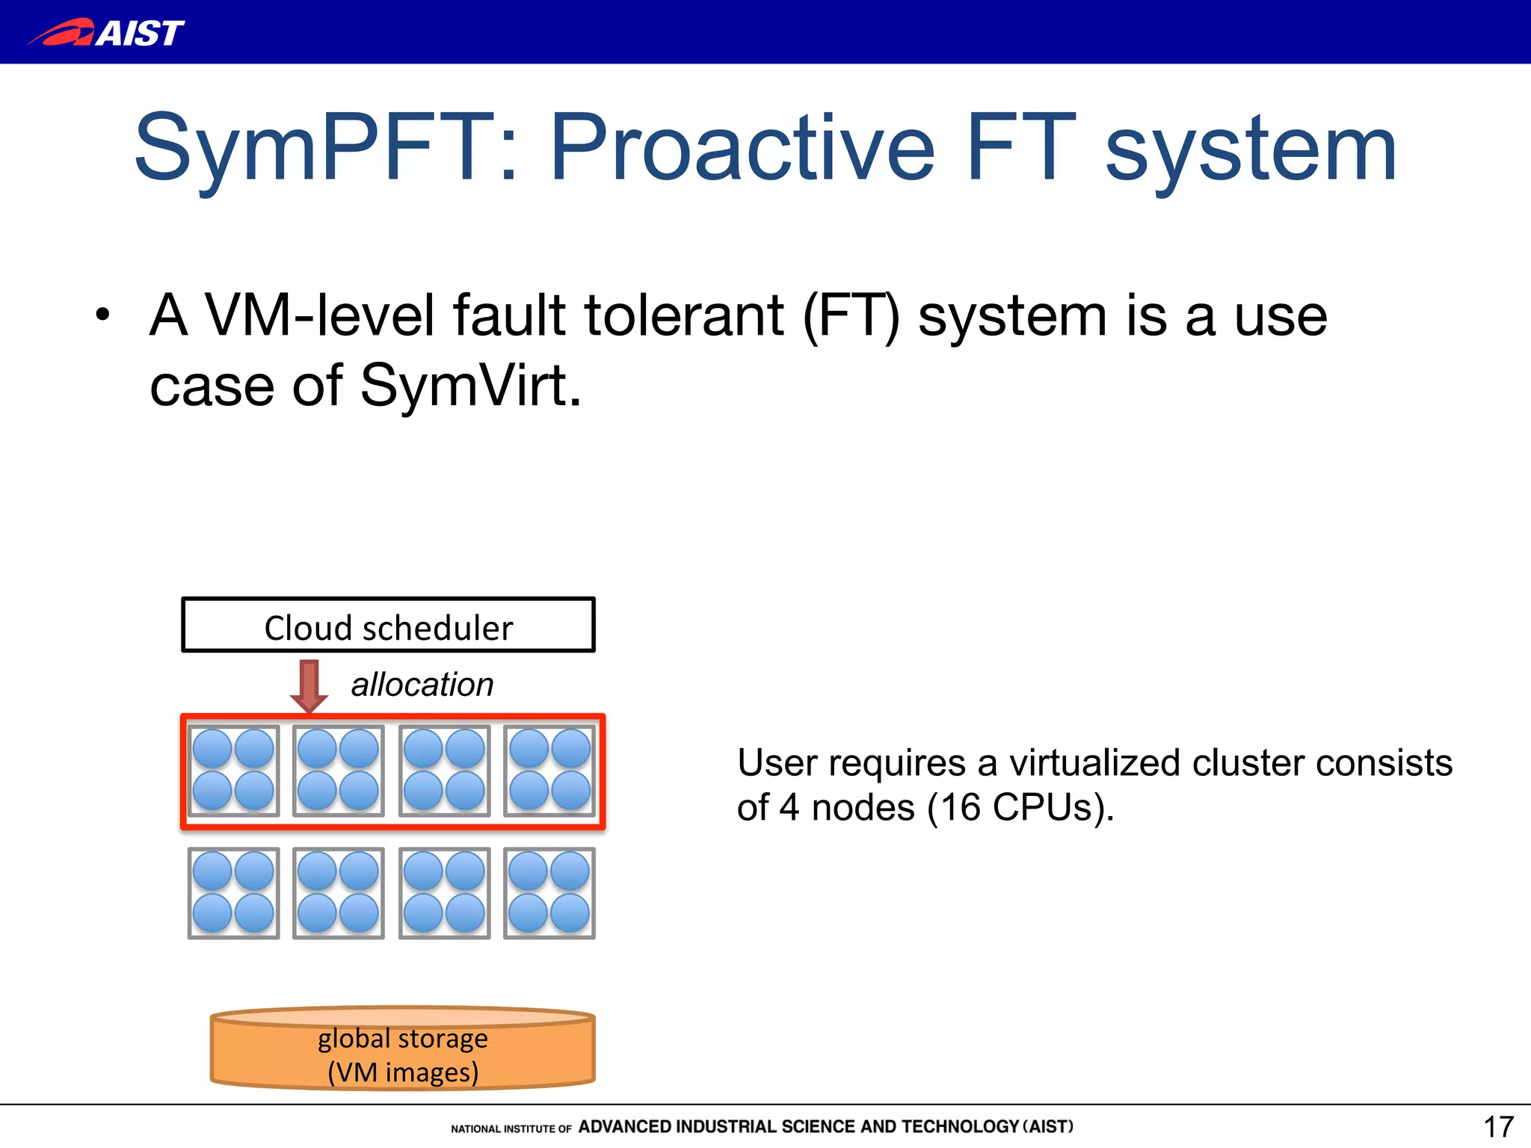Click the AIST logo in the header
[x=106, y=33]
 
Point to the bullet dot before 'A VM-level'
[x=102, y=315]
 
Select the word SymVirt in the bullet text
[x=469, y=386]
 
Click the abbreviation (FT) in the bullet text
[x=851, y=316]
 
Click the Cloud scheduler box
[x=388, y=626]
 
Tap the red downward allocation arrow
[x=309, y=685]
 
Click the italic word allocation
[x=422, y=685]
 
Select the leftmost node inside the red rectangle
[x=233, y=771]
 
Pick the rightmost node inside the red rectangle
[x=549, y=771]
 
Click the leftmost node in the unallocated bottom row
[x=233, y=893]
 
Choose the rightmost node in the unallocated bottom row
[x=549, y=893]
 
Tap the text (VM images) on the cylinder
[x=403, y=1073]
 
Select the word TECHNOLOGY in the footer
[x=960, y=1127]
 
